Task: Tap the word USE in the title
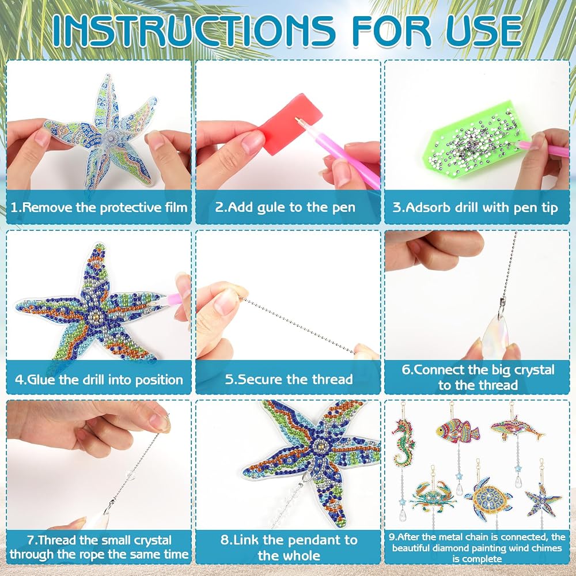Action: click(x=484, y=31)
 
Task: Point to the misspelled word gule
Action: click(x=271, y=208)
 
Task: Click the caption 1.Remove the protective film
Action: click(x=99, y=207)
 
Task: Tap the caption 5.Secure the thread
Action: click(x=289, y=379)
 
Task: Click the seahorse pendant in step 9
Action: click(x=403, y=442)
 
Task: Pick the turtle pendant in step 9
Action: click(x=488, y=498)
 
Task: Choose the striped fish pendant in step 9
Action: click(x=458, y=430)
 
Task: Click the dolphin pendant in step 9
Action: click(x=517, y=429)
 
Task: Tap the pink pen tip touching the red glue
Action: click(x=298, y=120)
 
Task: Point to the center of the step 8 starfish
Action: click(x=320, y=446)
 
